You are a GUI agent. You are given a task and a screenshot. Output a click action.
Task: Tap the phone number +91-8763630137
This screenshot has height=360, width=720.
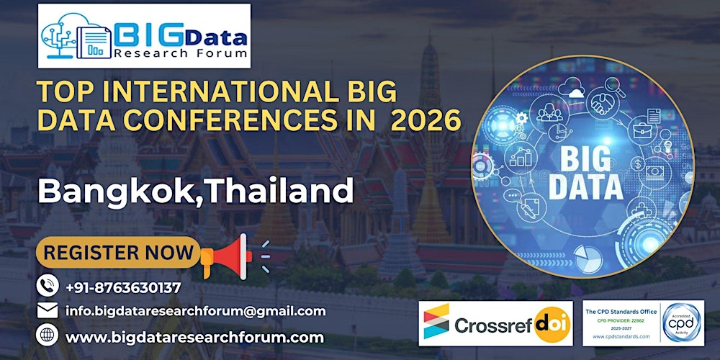tap(122, 287)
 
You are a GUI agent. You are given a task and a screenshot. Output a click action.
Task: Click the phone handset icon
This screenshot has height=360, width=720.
tap(47, 287)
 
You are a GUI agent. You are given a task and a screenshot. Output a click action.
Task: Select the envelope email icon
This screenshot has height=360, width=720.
tap(47, 311)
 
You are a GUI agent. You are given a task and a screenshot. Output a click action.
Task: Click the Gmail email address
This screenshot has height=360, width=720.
tap(195, 311)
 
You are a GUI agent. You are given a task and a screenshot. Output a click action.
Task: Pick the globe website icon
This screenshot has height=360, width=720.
tap(47, 336)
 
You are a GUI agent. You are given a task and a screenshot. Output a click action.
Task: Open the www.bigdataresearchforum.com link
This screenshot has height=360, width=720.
tap(194, 336)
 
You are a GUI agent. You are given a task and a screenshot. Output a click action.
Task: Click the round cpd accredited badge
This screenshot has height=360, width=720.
tap(683, 322)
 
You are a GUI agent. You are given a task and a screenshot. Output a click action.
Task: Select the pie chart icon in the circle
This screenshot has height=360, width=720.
tap(588, 254)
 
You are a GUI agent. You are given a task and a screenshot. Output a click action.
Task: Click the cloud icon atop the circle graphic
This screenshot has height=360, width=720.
tap(575, 93)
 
